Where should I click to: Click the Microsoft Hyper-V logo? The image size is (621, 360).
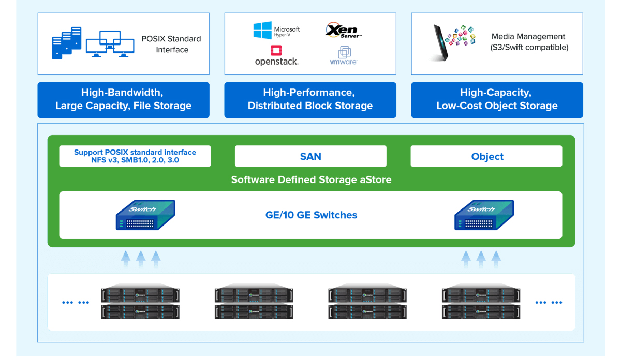coord(276,31)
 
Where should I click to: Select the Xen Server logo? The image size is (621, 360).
coord(343,31)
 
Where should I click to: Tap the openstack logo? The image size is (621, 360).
coord(276,56)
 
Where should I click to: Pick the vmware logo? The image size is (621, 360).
coord(344,56)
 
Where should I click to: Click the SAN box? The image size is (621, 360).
coord(310,156)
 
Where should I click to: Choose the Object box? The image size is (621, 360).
coord(486,156)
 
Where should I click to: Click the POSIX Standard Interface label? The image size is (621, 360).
coord(172,44)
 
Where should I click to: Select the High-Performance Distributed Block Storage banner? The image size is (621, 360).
coord(310,99)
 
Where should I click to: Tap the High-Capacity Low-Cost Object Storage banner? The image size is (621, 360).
coord(497,99)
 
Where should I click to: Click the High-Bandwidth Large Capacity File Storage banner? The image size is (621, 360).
coord(123,99)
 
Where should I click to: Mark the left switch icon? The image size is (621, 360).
coord(145,215)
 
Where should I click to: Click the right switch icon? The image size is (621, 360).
coord(484,215)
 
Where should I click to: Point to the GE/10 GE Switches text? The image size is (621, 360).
coord(311,215)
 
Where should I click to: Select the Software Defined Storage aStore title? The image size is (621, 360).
coord(310,180)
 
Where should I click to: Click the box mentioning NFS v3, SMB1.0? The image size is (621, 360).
coord(135,156)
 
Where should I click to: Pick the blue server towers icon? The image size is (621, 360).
coord(67,43)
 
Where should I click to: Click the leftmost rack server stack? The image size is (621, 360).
coord(140,303)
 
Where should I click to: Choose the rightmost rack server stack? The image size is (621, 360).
coord(481,303)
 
